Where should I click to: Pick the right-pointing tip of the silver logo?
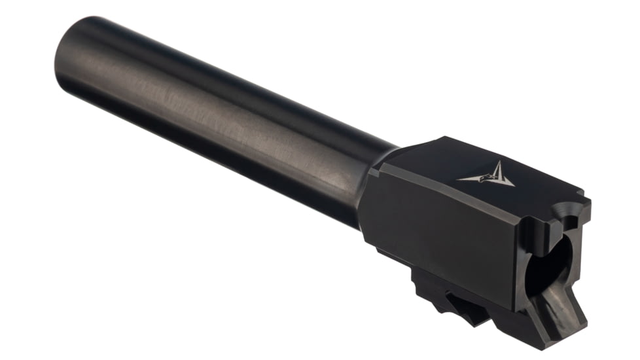pos(514,186)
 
